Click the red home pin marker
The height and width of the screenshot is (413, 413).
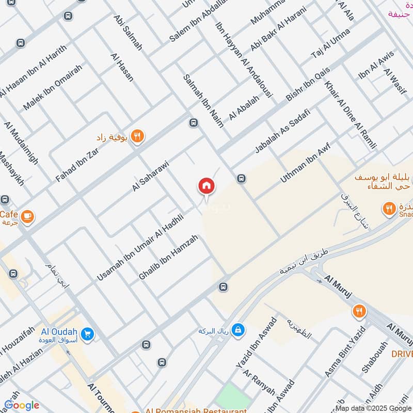pyautogui.click(x=206, y=186)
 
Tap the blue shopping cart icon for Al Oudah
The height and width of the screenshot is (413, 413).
pyautogui.click(x=87, y=335)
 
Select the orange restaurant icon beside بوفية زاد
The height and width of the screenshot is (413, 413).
pyautogui.click(x=137, y=136)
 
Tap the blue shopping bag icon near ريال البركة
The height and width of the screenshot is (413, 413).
pyautogui.click(x=237, y=329)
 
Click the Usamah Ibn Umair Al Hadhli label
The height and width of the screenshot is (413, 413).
pyautogui.click(x=140, y=248)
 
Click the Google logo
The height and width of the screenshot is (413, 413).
pyautogui.click(x=21, y=405)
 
